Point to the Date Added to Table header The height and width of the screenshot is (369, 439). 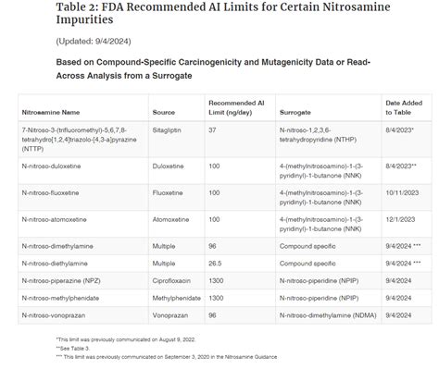pyautogui.click(x=403, y=106)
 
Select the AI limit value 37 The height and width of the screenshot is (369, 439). pyautogui.click(x=212, y=131)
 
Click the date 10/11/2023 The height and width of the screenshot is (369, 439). pyautogui.click(x=403, y=193)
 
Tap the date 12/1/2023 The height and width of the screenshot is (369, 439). pyautogui.click(x=401, y=220)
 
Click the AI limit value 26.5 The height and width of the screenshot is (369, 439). pyautogui.click(x=217, y=264)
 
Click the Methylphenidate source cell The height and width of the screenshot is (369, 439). pyautogui.click(x=178, y=298)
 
